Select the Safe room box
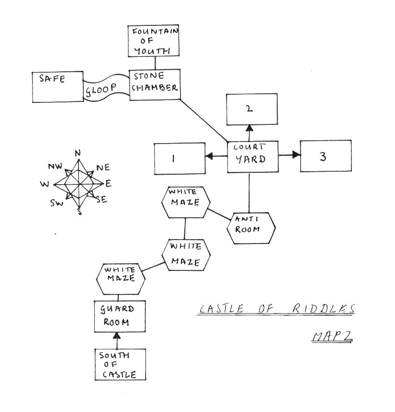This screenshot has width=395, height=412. coord(57,87)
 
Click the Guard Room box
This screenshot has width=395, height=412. coord(119,317)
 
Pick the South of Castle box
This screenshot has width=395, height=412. coord(119,365)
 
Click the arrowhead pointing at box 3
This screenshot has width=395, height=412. coord(296,155)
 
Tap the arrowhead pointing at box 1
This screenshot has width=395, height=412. coord(209,156)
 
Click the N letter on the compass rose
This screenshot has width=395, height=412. coord(78,153)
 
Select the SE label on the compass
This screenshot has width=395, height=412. coord(101,200)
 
